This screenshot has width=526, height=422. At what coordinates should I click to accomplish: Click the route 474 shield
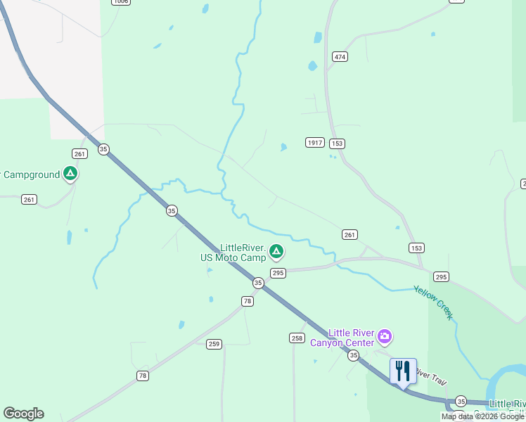(x=340, y=56)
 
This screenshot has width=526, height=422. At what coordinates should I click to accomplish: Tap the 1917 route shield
(x=315, y=143)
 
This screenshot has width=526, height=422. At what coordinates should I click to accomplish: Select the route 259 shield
(x=214, y=344)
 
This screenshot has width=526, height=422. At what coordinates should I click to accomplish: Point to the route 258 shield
(x=297, y=338)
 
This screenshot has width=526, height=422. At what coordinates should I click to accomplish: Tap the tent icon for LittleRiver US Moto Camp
(x=277, y=251)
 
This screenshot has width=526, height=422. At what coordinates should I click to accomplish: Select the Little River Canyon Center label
(x=343, y=338)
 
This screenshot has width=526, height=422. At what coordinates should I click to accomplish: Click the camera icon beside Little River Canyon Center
(x=385, y=336)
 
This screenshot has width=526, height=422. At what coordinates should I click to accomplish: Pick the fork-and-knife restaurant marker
(x=403, y=371)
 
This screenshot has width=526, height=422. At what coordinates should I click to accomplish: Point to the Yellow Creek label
(x=434, y=302)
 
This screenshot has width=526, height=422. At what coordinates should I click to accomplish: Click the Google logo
(x=23, y=414)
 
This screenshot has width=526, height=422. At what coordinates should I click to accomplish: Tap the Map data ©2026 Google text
(x=482, y=417)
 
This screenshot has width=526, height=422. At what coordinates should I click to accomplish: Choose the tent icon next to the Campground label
(x=70, y=173)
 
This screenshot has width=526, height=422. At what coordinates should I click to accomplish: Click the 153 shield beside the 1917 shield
(x=338, y=143)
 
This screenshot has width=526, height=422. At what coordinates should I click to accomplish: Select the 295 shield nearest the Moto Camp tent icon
(x=277, y=273)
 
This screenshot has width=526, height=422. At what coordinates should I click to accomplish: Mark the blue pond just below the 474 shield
(x=312, y=67)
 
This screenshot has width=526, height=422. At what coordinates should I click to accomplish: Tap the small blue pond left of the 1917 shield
(x=283, y=148)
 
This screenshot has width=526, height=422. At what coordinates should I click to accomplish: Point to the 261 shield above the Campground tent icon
(x=79, y=153)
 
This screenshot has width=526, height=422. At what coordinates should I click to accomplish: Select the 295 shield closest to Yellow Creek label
(x=441, y=276)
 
